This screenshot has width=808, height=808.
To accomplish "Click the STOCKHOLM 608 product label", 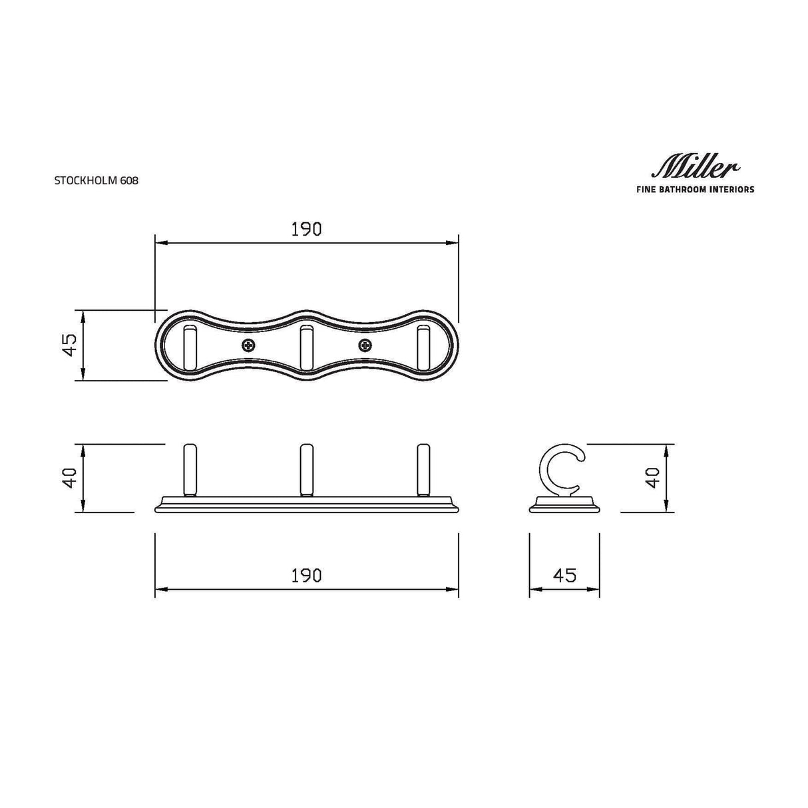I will coord(97,180).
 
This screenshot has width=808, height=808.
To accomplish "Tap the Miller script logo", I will coord(693,167).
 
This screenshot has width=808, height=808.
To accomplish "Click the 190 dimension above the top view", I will coord(306,229).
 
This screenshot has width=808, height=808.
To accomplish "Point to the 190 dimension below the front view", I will coord(306,575).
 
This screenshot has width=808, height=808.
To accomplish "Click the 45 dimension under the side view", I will coord(564,575).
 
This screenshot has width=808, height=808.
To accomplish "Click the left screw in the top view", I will coord(248,345).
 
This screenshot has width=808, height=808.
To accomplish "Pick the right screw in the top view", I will coord(364,345).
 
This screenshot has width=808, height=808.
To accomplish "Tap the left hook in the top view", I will coord(190,347).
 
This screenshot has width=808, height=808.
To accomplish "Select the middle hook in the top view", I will coord(306,347).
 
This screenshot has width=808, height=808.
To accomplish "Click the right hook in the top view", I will coord(423,347).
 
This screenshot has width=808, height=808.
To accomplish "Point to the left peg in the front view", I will coord(190,469).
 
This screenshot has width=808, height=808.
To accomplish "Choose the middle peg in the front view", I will coord(306,469).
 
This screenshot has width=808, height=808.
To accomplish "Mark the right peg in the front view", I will coord(423,469).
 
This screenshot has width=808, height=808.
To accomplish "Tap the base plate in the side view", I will coord(564,506).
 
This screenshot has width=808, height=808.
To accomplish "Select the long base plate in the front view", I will coord(306,505).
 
